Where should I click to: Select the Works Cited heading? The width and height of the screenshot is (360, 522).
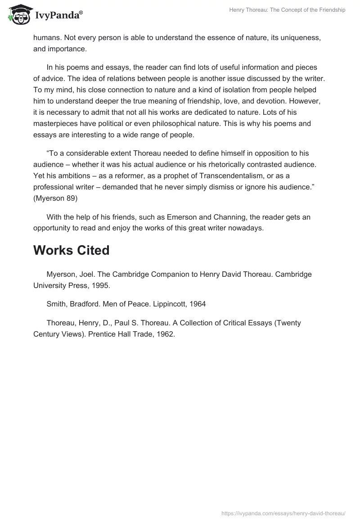(71, 250)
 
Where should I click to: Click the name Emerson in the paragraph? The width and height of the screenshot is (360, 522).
(183, 217)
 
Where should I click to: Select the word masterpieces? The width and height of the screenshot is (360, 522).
(56, 123)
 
